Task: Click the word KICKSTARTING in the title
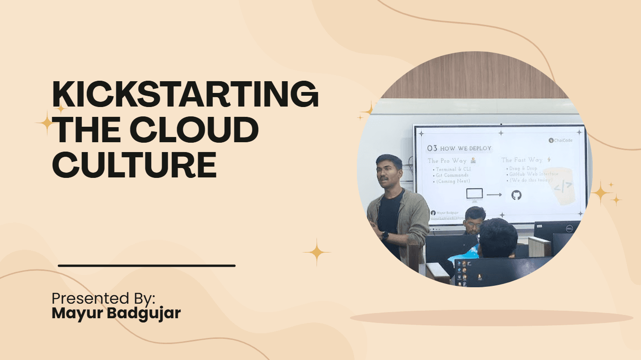pos(185,94)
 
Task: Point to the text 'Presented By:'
pos(103,299)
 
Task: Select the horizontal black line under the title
pos(147,266)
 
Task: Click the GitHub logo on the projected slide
pos(516,194)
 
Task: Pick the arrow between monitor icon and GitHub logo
pos(494,194)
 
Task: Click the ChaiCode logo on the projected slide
pos(560,140)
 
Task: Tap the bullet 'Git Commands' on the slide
pos(452,175)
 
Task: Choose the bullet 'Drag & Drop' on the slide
pos(523,168)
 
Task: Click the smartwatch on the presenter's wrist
pos(385,235)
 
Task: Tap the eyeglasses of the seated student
pos(473,224)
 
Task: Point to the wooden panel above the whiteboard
pos(474,80)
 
